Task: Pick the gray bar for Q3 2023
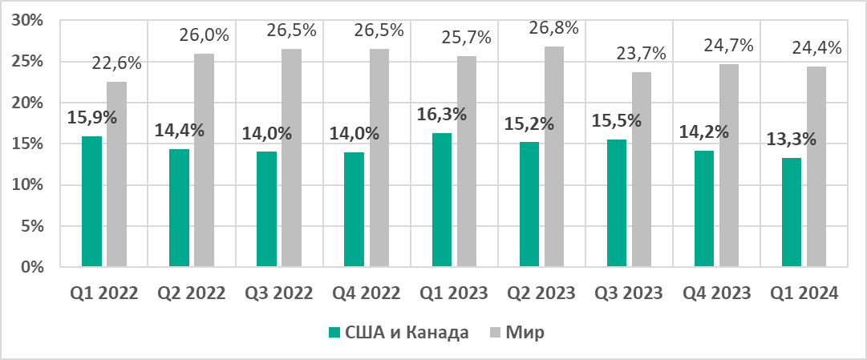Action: (642, 169)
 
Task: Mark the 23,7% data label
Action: (642, 54)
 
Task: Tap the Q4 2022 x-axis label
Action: (367, 293)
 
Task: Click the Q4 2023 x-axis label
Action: (718, 293)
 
